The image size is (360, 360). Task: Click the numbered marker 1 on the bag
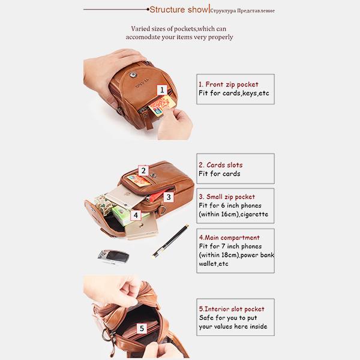(x=162, y=90)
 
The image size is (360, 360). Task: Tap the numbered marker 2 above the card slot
(x=143, y=170)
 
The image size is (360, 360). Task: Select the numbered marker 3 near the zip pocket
(x=169, y=197)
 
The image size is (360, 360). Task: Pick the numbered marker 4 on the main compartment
(x=136, y=215)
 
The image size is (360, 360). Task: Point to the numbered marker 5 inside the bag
(x=142, y=328)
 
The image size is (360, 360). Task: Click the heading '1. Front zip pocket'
(x=229, y=85)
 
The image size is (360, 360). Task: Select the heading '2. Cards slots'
(x=221, y=165)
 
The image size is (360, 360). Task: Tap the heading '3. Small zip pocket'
(x=227, y=197)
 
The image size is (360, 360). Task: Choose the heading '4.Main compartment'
(x=229, y=238)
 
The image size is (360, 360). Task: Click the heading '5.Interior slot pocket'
(x=232, y=309)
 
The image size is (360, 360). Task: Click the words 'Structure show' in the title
(x=179, y=10)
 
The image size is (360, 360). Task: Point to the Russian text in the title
(x=242, y=11)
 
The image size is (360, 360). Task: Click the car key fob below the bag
(x=113, y=257)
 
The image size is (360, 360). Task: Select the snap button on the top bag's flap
(x=133, y=74)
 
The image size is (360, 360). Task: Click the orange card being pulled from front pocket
(x=162, y=104)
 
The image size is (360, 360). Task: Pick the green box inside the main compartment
(x=128, y=215)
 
